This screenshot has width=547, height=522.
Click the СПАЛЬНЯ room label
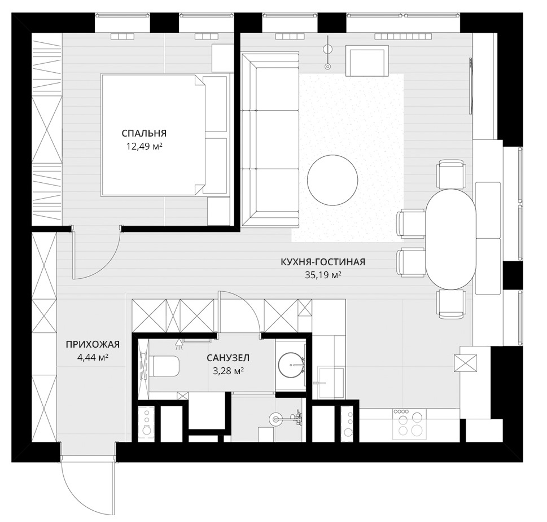144,133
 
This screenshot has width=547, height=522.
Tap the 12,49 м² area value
144,146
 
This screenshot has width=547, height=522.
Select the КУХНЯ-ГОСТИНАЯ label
323,262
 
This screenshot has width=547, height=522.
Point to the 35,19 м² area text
323,275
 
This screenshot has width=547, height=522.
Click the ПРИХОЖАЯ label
93,344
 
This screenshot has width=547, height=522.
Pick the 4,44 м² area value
93,357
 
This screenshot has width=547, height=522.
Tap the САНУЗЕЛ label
228,358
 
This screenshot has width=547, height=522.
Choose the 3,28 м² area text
228,371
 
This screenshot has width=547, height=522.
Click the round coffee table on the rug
332,180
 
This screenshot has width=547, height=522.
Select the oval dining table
450,239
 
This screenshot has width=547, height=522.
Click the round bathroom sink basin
292,365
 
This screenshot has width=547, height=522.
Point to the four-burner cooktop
410,424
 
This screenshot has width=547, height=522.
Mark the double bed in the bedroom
165,135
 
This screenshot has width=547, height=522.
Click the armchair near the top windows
367,60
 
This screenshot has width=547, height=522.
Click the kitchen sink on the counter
329,383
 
